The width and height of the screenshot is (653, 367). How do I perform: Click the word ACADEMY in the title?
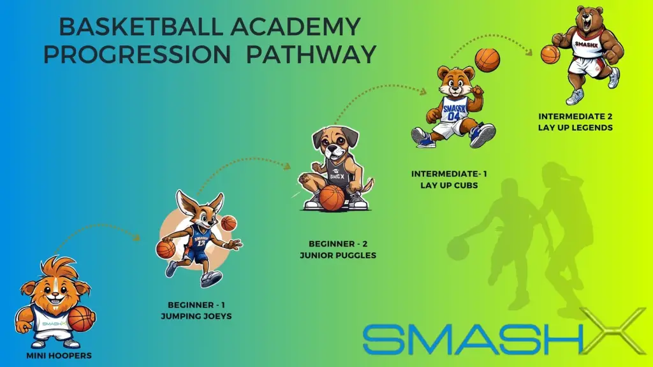coord(295,27)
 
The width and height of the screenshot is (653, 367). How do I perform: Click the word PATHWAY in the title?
coord(311,55)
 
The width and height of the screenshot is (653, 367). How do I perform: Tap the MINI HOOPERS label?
coord(59,356)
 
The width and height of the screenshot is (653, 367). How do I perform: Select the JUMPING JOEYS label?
coord(196,316)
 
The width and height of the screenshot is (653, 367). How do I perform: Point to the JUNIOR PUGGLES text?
coord(338,255)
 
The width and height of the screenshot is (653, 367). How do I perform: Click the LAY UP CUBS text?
coord(449,185)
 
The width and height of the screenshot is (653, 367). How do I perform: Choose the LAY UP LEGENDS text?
coord(575,127)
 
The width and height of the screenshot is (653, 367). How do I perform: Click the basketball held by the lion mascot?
coord(80,319)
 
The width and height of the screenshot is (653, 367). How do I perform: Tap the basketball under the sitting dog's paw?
coord(332,198)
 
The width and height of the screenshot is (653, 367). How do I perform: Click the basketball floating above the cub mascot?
coord(487,61)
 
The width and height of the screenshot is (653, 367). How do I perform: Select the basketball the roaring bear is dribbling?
coord(550,55)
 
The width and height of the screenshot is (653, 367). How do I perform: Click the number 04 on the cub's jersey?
coord(453,116)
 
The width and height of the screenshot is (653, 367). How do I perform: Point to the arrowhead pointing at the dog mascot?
coord(287,166)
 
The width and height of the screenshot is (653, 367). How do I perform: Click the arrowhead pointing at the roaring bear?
coord(529,52)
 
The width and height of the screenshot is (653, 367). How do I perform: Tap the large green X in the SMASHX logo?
coord(612,331)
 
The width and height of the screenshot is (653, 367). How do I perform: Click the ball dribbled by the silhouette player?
coord(458,248)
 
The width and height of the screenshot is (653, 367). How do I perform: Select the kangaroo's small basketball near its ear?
coord(229,224)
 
